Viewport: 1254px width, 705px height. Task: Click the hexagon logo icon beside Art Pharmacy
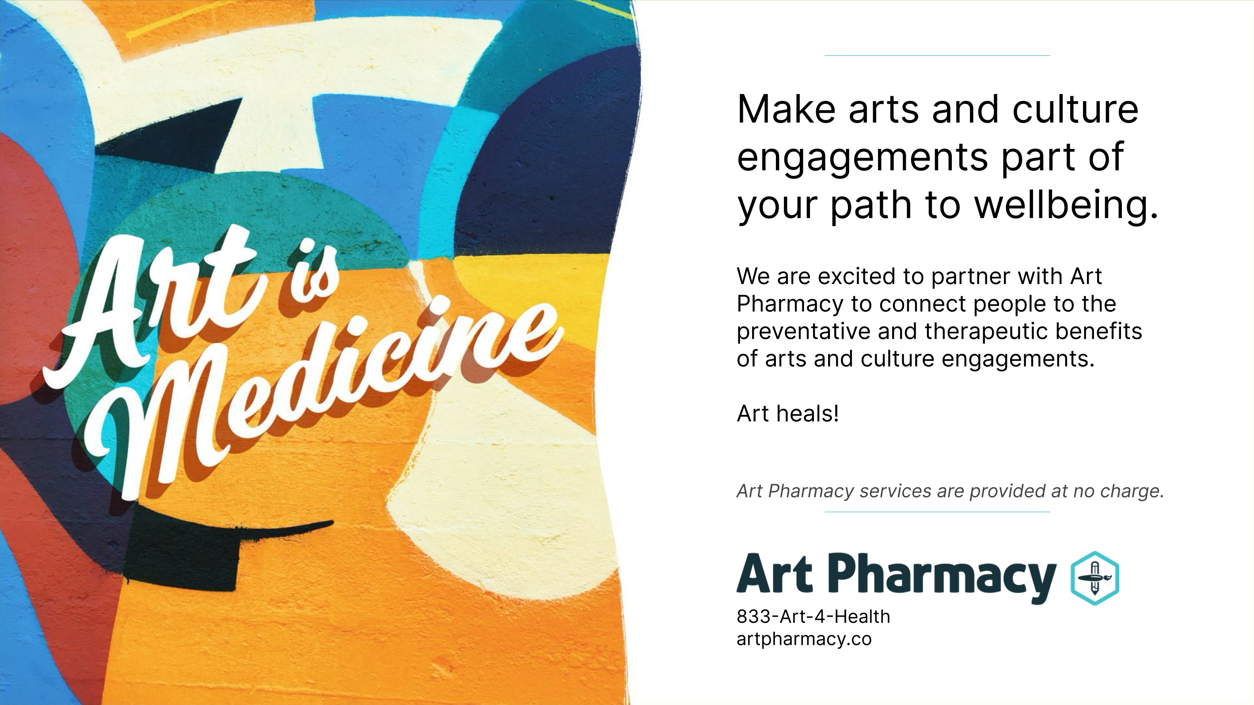1095,578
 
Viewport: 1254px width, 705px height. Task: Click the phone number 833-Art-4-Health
813,617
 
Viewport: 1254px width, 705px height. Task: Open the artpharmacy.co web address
804,639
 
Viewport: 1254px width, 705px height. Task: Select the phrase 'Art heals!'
788,413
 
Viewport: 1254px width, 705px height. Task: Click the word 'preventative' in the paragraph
803,332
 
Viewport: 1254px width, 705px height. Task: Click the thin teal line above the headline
937,56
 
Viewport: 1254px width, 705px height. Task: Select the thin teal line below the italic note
937,512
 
